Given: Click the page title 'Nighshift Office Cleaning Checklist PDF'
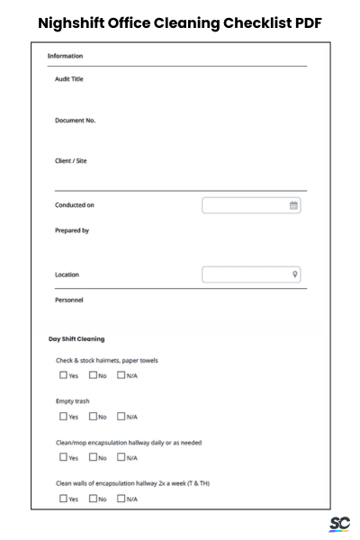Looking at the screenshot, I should click(180, 22).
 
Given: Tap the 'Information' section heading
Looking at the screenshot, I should click(65, 56).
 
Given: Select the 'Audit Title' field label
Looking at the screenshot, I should click(69, 79).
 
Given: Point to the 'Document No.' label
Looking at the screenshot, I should click(75, 121).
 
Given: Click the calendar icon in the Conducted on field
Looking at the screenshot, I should click(293, 206).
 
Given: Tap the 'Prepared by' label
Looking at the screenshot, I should click(72, 230).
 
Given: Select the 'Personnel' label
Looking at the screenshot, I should click(70, 300).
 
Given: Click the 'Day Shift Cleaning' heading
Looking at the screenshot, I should click(76, 339).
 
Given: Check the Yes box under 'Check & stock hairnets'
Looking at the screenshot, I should click(63, 375).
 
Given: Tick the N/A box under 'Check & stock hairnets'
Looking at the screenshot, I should click(121, 375).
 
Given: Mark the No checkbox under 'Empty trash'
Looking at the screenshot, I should click(93, 417).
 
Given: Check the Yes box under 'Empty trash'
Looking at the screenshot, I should click(63, 417).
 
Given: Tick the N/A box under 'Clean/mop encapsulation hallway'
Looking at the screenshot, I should click(121, 457).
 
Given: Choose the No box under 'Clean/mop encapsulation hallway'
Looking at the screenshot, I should click(93, 457).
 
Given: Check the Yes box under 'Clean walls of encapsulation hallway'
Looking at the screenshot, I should click(63, 499).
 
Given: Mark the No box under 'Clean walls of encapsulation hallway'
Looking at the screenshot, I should click(93, 499).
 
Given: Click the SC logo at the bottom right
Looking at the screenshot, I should click(340, 524).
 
